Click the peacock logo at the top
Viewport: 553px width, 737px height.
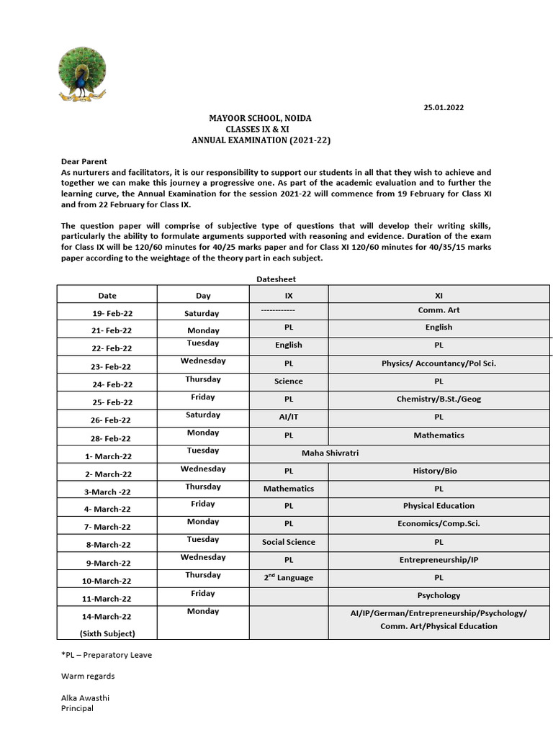pyautogui.click(x=81, y=74)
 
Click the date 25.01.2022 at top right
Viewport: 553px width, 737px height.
pyautogui.click(x=443, y=107)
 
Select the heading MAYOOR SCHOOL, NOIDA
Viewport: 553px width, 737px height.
pyautogui.click(x=261, y=118)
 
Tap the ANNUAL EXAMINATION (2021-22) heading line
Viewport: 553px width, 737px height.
pyautogui.click(x=261, y=140)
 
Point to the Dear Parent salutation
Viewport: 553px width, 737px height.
pyautogui.click(x=84, y=162)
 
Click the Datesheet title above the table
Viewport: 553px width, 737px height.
pyautogui.click(x=276, y=279)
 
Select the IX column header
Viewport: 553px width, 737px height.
pyautogui.click(x=289, y=295)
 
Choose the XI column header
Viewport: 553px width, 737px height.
pyautogui.click(x=439, y=295)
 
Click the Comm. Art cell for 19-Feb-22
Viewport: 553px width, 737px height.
pyautogui.click(x=439, y=310)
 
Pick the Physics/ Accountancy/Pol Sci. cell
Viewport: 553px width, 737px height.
pyautogui.click(x=439, y=363)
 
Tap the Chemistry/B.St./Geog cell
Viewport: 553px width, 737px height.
pyautogui.click(x=439, y=399)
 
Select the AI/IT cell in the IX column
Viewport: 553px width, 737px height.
pyautogui.click(x=289, y=417)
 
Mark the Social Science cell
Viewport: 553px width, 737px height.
pyautogui.click(x=289, y=542)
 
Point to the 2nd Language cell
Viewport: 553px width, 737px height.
pyautogui.click(x=289, y=577)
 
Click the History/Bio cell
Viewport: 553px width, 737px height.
pyautogui.click(x=439, y=471)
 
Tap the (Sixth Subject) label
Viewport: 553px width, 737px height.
pyautogui.click(x=108, y=633)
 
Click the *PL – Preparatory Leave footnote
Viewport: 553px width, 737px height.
pyautogui.click(x=107, y=655)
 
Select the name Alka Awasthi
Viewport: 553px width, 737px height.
pyautogui.click(x=85, y=697)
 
